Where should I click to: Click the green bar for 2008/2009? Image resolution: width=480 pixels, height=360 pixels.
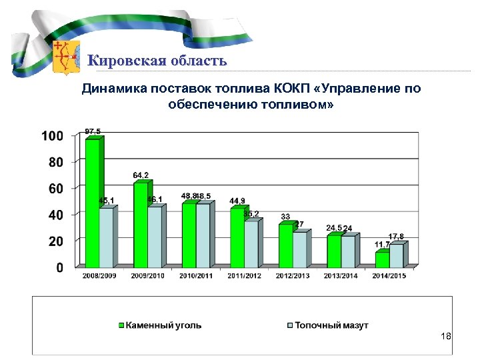(93, 201)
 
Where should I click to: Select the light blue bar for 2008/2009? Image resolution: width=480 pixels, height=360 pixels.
(107, 237)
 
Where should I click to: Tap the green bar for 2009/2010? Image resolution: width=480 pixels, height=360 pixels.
(141, 223)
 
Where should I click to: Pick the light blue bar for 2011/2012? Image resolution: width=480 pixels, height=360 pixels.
(251, 243)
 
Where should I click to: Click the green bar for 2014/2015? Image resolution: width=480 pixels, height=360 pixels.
(382, 258)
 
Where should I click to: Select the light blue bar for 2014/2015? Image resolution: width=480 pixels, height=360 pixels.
(396, 255)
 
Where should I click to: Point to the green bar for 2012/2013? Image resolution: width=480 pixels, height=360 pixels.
(285, 244)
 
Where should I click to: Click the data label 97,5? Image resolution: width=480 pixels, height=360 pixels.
(93, 131)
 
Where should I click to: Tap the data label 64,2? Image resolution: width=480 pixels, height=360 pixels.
(141, 175)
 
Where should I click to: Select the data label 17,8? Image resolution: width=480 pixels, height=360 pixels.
(396, 236)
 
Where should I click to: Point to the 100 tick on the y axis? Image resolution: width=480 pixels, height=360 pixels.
(53, 136)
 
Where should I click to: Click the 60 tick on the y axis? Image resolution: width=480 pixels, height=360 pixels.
(56, 189)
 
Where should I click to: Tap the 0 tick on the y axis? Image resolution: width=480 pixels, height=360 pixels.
(59, 267)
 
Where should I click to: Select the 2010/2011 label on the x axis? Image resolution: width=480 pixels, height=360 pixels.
(196, 275)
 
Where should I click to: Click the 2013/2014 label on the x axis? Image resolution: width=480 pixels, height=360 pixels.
(341, 275)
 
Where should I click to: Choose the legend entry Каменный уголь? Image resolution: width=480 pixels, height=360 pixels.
(160, 325)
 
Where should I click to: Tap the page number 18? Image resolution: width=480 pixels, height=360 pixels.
(446, 337)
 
